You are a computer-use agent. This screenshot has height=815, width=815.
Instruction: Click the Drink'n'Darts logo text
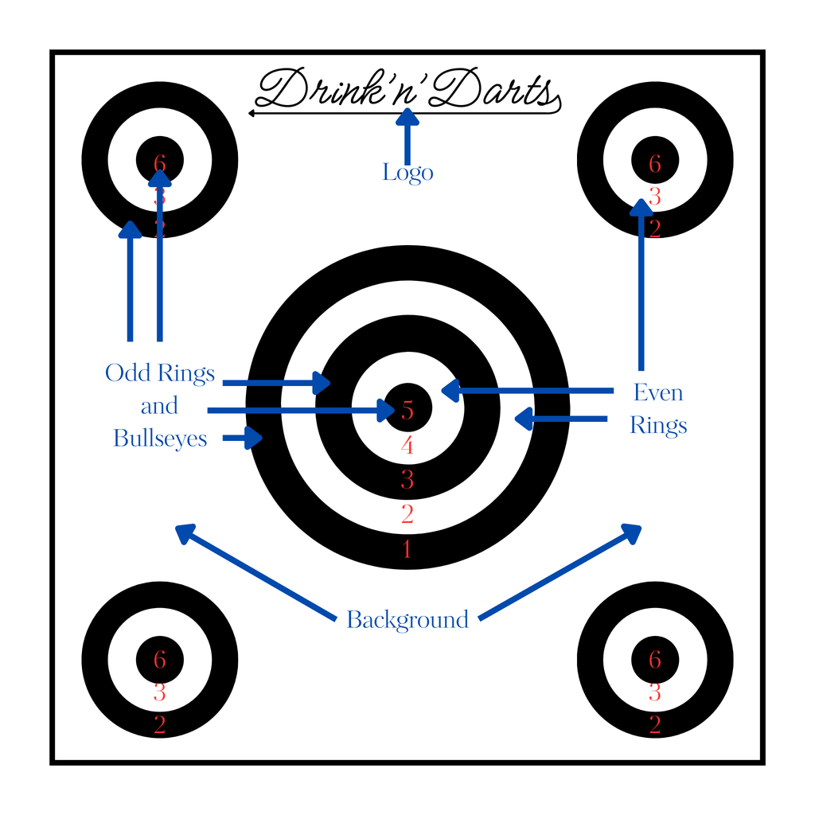(406, 90)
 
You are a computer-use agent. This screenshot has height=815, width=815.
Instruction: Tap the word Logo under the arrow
(407, 172)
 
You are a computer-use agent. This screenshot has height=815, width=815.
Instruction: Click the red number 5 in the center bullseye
(407, 411)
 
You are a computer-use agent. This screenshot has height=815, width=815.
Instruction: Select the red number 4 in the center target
(407, 446)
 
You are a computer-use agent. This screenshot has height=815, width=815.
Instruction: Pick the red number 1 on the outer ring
(407, 549)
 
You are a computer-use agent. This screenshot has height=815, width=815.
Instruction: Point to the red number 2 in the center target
(407, 514)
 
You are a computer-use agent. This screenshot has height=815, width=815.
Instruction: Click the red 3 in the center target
(407, 480)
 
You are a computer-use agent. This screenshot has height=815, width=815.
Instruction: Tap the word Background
(407, 619)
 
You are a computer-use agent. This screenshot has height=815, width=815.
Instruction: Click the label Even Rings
(658, 408)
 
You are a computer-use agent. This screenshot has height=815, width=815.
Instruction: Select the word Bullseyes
(160, 439)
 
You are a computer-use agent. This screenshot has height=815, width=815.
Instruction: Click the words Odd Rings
(160, 372)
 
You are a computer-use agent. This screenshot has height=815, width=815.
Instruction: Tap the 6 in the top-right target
(655, 164)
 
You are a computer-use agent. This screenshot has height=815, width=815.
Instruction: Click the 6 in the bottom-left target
(160, 660)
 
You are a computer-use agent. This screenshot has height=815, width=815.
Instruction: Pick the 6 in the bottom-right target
(655, 660)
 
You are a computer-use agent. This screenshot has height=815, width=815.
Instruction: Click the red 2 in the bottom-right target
(655, 725)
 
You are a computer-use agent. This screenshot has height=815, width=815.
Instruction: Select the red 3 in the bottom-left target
(160, 692)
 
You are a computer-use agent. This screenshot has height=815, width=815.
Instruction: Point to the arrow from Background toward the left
(255, 571)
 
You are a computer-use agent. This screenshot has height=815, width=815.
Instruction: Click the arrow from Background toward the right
(560, 571)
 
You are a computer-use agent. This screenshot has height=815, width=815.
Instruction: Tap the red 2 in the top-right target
(655, 229)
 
